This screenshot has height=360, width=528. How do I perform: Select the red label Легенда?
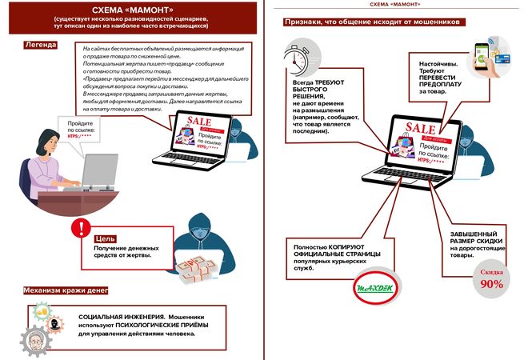coord(41,44)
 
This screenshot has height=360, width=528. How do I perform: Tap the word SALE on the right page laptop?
coord(420,128)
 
